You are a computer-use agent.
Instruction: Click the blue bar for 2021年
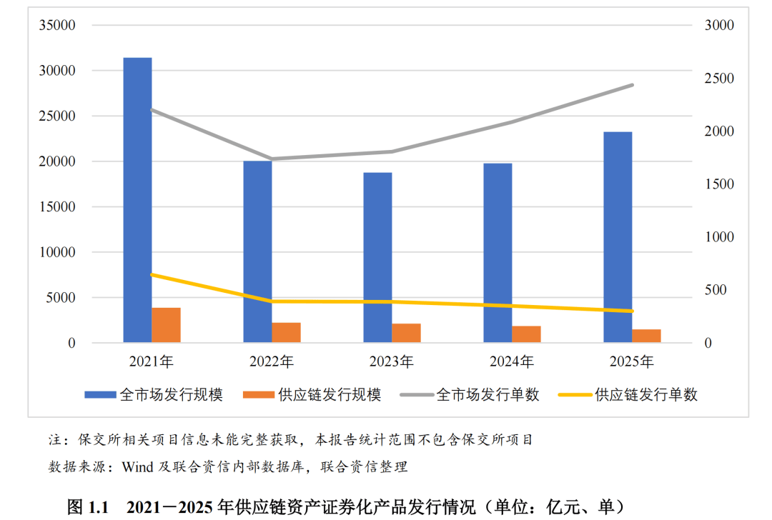(137, 200)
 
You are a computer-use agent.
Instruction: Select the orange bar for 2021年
(166, 325)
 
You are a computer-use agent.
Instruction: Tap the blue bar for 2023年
(377, 257)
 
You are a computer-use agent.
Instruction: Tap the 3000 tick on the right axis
(719, 26)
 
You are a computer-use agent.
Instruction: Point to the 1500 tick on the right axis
(719, 184)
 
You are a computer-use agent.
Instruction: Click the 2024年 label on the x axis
(511, 362)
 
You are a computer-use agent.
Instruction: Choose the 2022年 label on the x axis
(271, 362)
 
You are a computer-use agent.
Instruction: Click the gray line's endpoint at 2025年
(632, 85)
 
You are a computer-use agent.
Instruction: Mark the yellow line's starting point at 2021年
(152, 274)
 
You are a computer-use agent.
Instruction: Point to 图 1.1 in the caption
(86, 507)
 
